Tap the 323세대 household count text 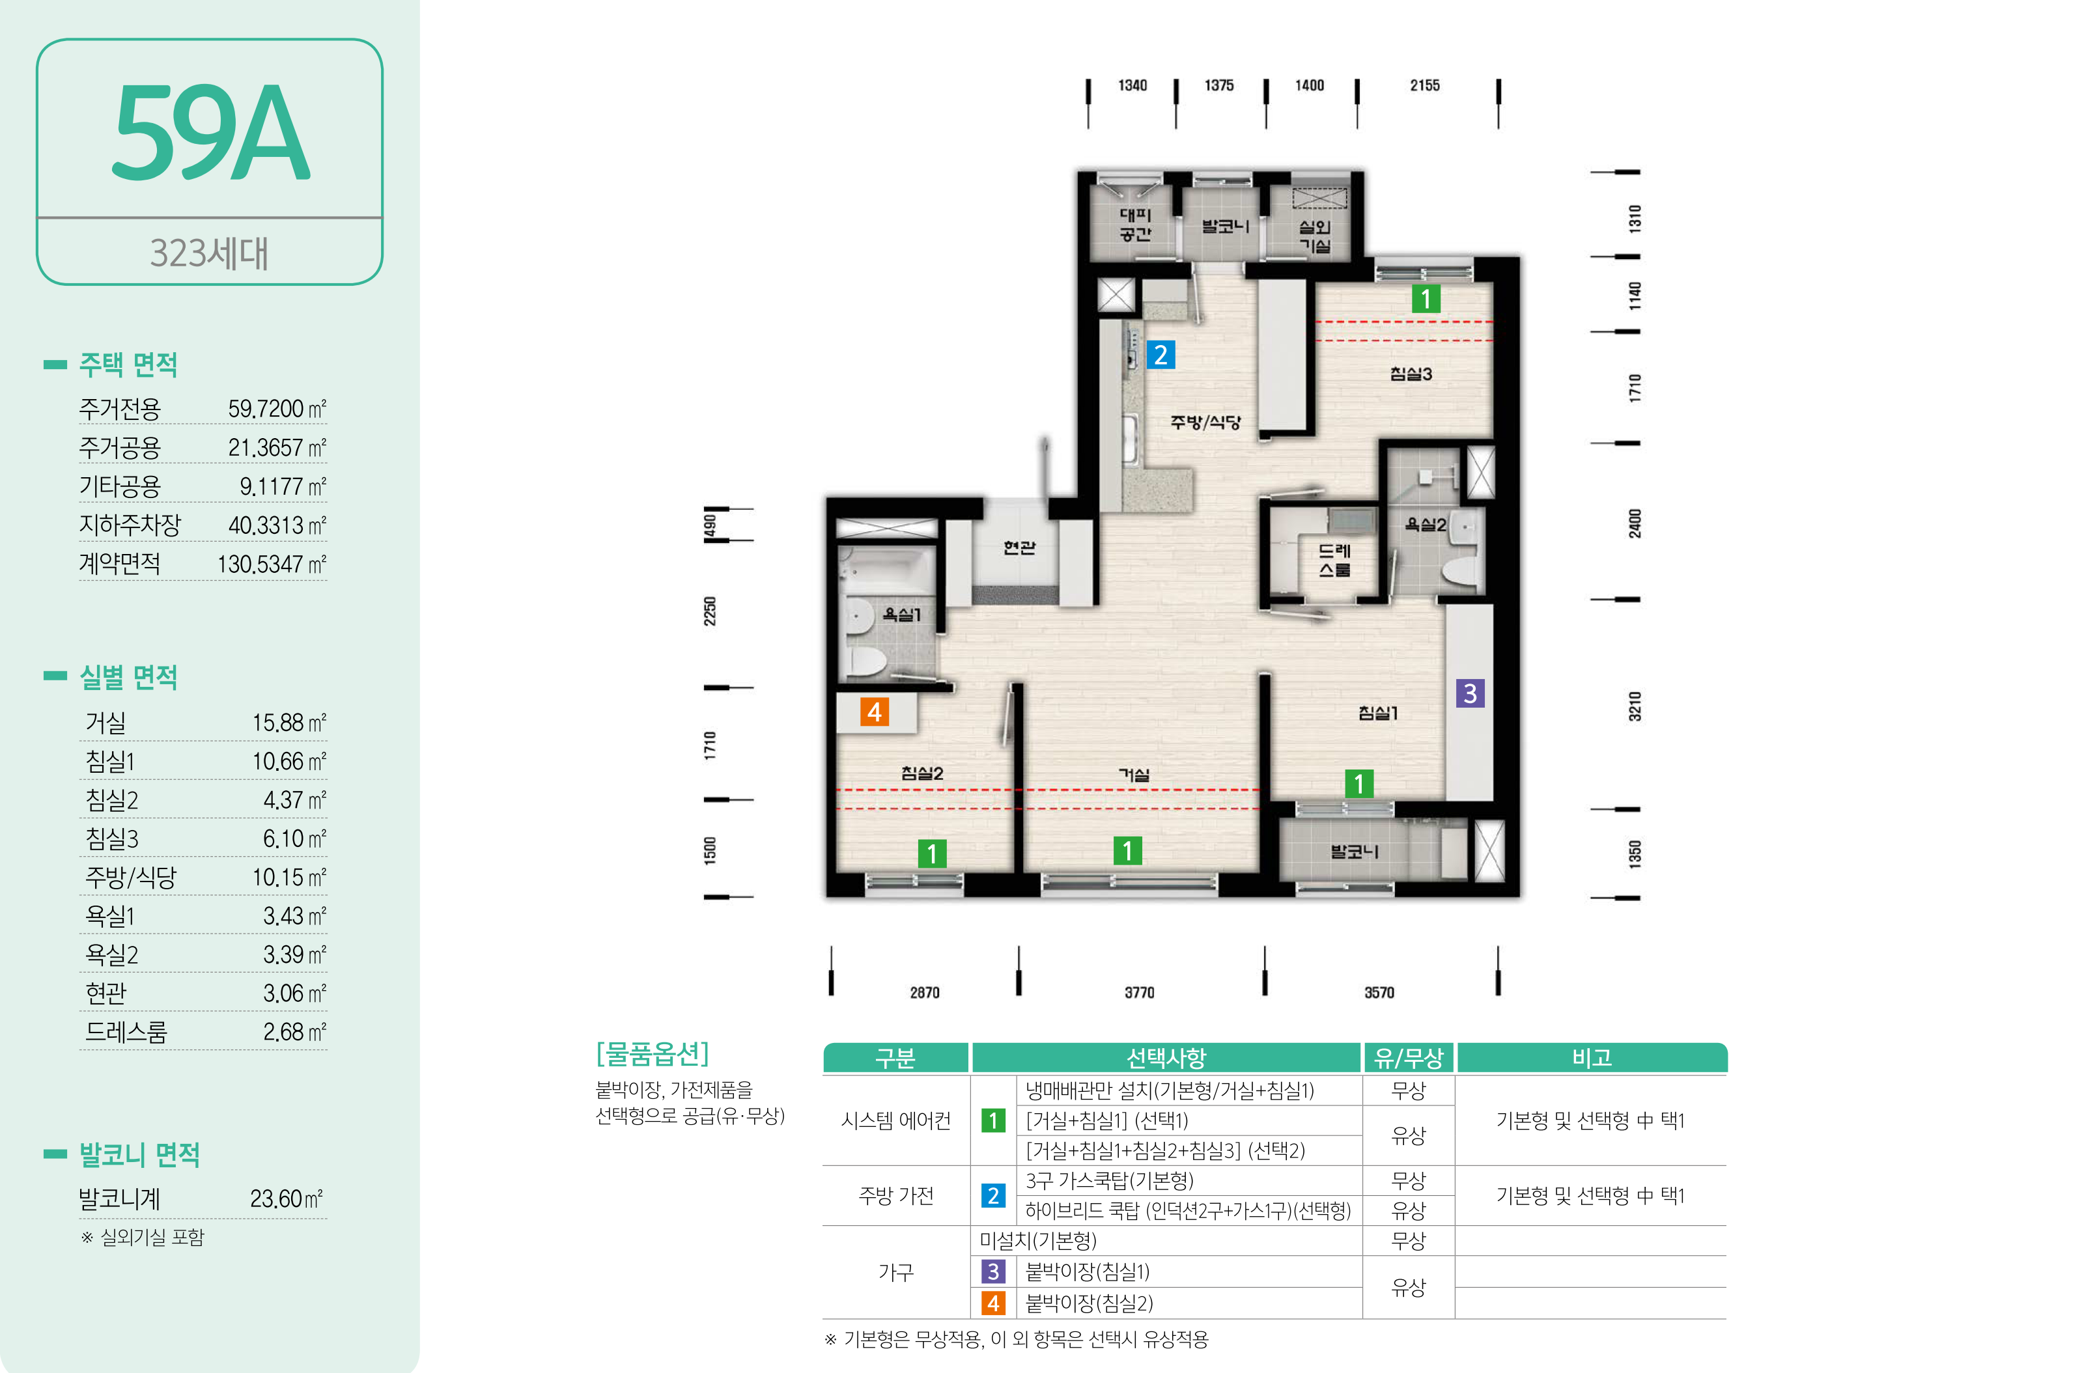pos(209,253)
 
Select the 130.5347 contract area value pos(272,564)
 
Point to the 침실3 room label pos(1411,374)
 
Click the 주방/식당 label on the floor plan pos(1206,422)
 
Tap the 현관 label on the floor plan pos(1020,548)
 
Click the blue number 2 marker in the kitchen pos(1161,355)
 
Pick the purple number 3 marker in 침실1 pos(1470,693)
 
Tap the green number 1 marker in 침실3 pos(1426,299)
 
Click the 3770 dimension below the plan pos(1140,992)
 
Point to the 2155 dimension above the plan pos(1425,85)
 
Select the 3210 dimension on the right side pos(1635,706)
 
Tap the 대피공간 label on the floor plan pos(1135,224)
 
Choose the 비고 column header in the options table pos(1592,1058)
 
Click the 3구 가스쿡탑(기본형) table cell pos(1110,1180)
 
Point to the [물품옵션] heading pos(653,1053)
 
